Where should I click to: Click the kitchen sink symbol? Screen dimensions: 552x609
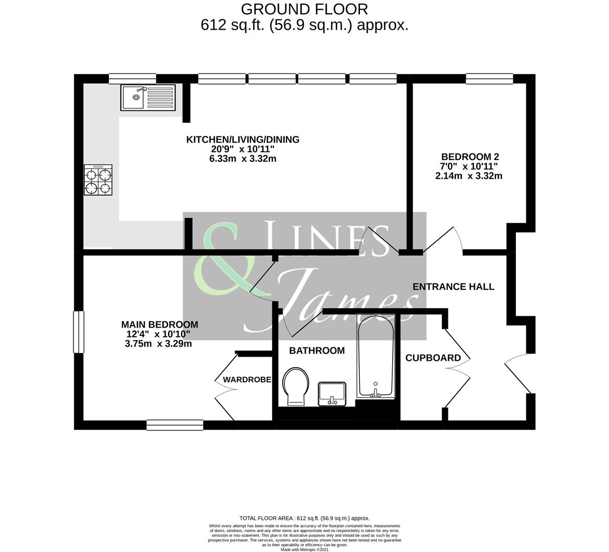[148, 97]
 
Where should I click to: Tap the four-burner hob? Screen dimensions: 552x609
[98, 180]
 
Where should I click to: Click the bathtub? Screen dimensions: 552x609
[376, 356]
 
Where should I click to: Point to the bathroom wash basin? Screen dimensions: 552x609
[332, 394]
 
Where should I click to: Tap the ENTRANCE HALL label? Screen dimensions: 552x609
[453, 287]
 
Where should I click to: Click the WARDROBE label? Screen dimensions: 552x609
[247, 380]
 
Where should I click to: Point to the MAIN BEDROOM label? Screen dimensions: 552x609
[159, 325]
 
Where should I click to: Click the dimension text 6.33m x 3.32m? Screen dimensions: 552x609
[240, 158]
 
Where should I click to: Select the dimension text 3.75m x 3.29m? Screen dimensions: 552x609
[158, 344]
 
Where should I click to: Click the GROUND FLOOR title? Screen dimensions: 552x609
[304, 9]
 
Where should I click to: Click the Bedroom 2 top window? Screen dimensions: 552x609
[489, 78]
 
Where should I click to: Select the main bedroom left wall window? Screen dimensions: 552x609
[78, 332]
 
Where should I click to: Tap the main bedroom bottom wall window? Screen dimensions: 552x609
[175, 424]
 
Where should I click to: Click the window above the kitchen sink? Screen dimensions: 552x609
[132, 78]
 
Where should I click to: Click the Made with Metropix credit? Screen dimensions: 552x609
[304, 549]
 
